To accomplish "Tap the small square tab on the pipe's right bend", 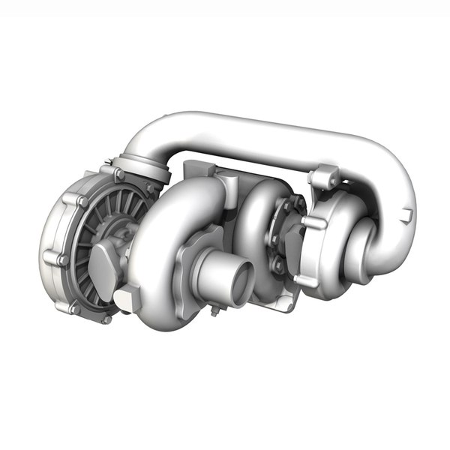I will click(x=407, y=217).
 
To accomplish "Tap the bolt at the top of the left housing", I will click(x=118, y=174).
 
